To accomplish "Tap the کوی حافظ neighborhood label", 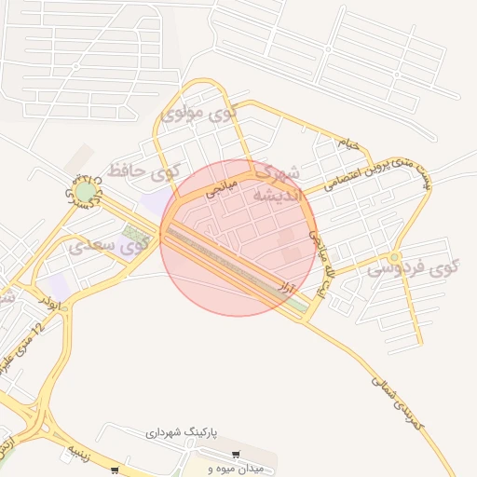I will (x=143, y=170).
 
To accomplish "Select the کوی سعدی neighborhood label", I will (x=110, y=247).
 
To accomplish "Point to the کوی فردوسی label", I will (x=415, y=269).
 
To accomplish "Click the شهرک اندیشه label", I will (x=277, y=184).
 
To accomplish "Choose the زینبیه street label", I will (x=75, y=452).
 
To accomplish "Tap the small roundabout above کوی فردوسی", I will (x=395, y=256).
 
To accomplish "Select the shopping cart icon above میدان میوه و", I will (x=236, y=454).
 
